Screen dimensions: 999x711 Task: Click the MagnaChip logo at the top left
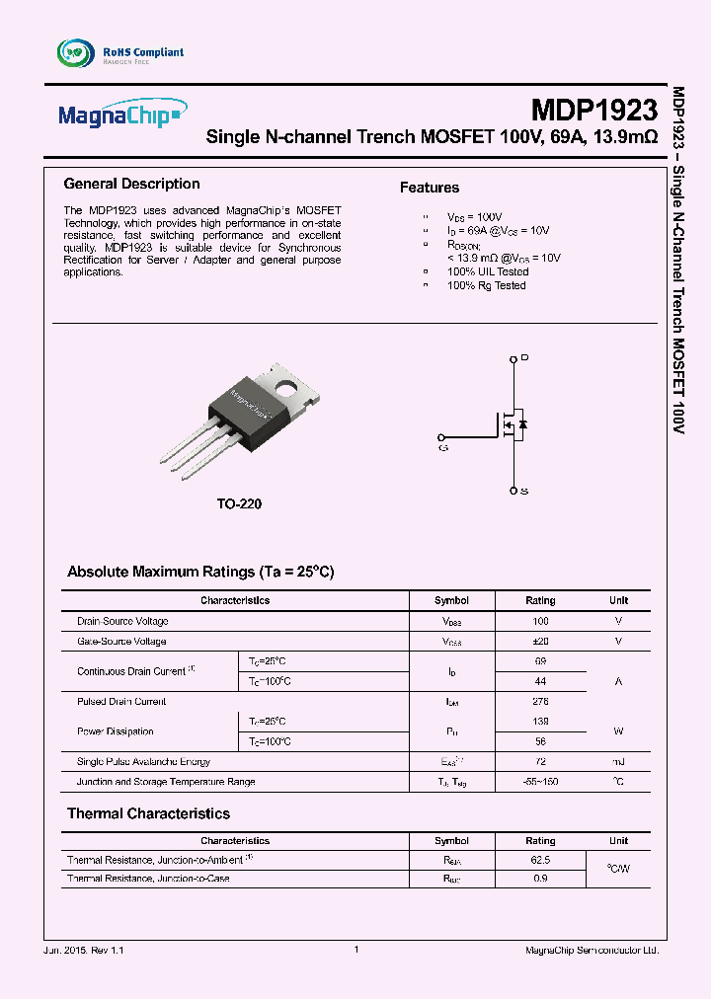tap(121, 115)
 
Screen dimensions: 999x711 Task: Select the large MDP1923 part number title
tap(593, 109)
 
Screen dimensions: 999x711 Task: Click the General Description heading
tap(131, 184)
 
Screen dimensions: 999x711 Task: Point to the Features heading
tap(429, 188)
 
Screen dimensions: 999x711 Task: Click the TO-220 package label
tap(239, 503)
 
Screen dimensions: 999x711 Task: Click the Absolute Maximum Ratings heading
tap(200, 572)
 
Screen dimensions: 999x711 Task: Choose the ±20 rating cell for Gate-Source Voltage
tap(540, 642)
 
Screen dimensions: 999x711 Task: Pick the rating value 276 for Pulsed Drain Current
tap(540, 702)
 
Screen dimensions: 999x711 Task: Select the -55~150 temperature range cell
tap(540, 782)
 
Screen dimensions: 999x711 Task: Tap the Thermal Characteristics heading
tap(148, 813)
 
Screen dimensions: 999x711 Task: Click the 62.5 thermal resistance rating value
tap(540, 861)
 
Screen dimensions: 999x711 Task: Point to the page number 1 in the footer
tap(355, 950)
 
